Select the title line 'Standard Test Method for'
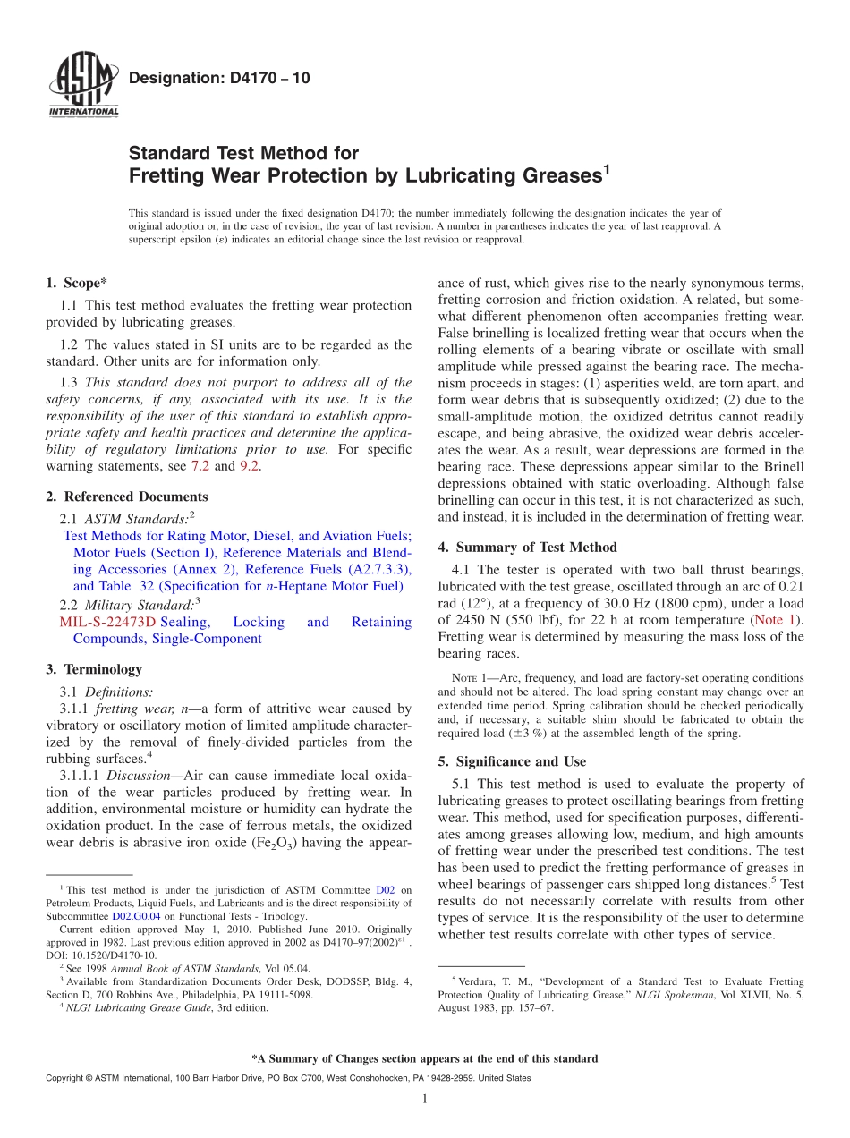coord(243,153)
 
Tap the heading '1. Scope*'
coord(77,283)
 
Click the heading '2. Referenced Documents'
coord(127,497)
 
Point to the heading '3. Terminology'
coord(94,669)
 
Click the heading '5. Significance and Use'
coord(512,761)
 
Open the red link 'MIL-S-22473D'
coord(107,622)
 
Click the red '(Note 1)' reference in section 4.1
coord(778,619)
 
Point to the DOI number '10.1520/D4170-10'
coord(102,955)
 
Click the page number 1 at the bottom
coord(424,1100)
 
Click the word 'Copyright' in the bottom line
coord(66,1078)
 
